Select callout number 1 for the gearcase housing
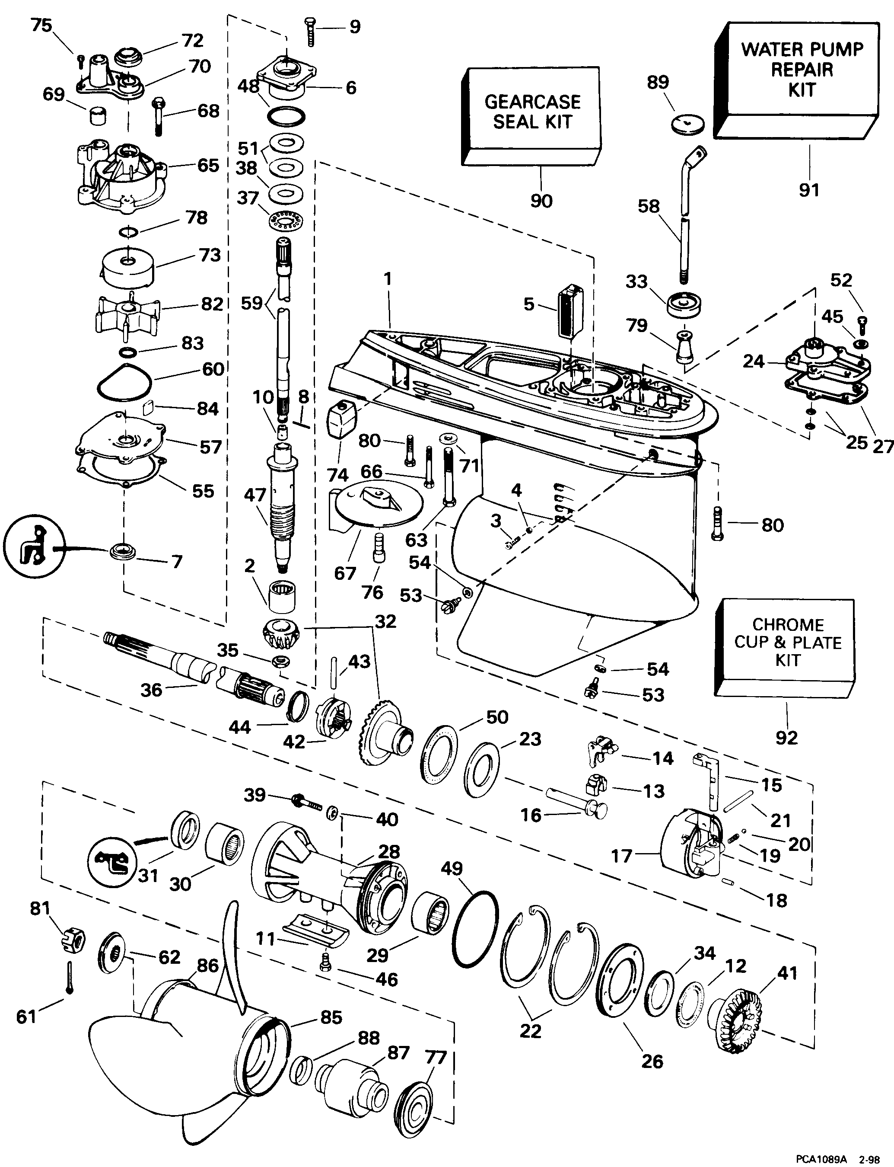click(388, 279)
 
